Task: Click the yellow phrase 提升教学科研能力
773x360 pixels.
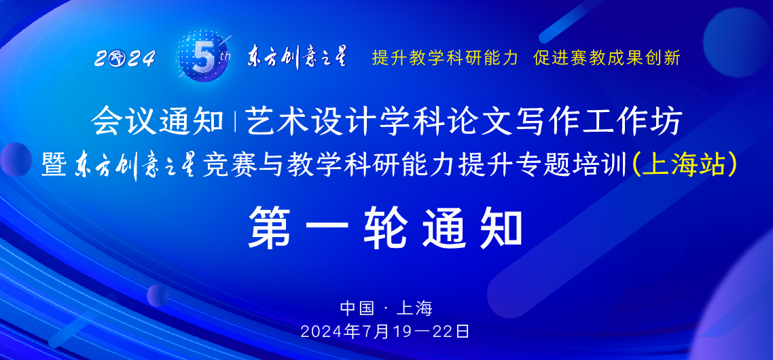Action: click(444, 58)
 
